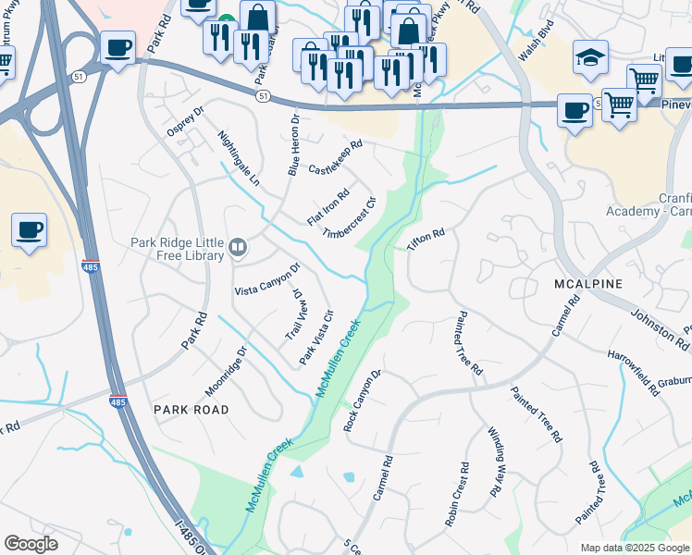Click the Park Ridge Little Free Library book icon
click(x=239, y=246)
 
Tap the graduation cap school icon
click(x=590, y=58)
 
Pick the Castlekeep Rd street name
click(x=335, y=157)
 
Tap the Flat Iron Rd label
click(x=328, y=207)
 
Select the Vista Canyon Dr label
click(x=267, y=279)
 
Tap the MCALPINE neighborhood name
click(x=588, y=283)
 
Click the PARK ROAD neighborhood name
click(x=191, y=408)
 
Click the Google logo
click(x=31, y=544)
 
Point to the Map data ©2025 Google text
click(x=634, y=548)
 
